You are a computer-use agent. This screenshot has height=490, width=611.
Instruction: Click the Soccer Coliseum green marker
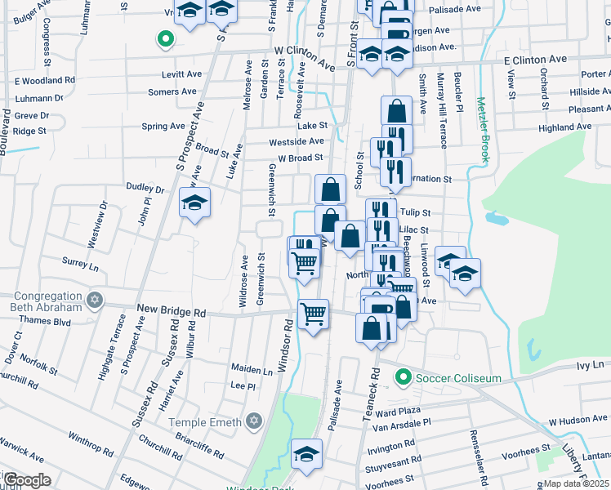[402, 377]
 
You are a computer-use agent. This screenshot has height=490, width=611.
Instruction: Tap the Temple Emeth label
[204, 422]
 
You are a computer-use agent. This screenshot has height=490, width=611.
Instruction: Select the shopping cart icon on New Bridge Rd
[314, 314]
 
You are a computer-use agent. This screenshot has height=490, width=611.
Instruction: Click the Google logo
[27, 479]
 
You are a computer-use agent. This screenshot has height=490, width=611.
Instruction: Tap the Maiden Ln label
[251, 370]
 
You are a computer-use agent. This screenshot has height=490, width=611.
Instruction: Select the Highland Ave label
[569, 128]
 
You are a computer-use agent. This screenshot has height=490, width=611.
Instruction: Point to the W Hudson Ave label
[579, 420]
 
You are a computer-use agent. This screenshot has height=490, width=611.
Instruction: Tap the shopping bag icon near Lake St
[396, 110]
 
